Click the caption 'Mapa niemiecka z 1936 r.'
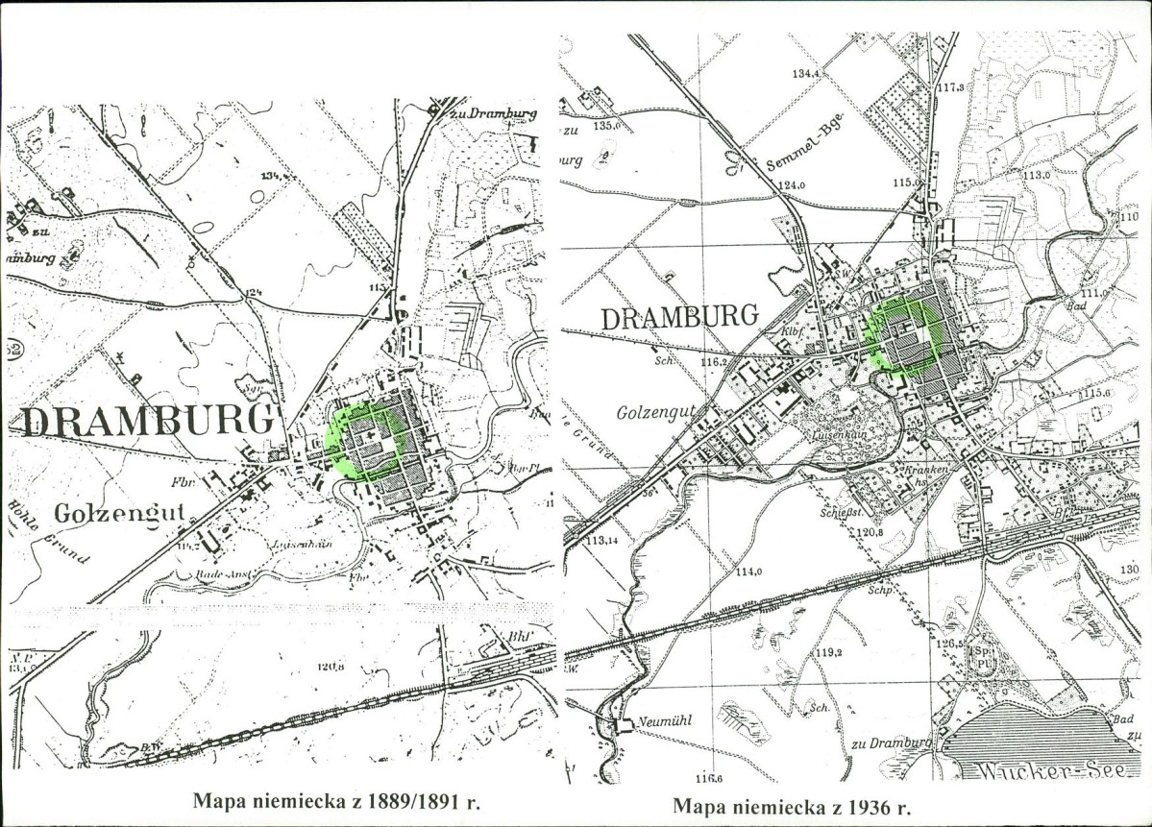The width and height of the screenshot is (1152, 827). point(791,805)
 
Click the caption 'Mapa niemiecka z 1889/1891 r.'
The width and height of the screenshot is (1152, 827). point(336,799)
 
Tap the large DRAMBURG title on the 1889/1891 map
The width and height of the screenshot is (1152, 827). point(147,421)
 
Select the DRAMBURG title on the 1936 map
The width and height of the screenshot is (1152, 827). point(679,316)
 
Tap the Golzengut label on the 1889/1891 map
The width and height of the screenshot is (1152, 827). point(119,512)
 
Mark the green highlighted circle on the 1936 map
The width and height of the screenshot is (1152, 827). point(904,335)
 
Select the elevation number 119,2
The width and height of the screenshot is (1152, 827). point(829,652)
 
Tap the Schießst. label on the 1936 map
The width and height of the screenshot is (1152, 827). point(841,514)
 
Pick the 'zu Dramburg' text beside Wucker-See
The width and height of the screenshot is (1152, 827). point(891,742)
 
